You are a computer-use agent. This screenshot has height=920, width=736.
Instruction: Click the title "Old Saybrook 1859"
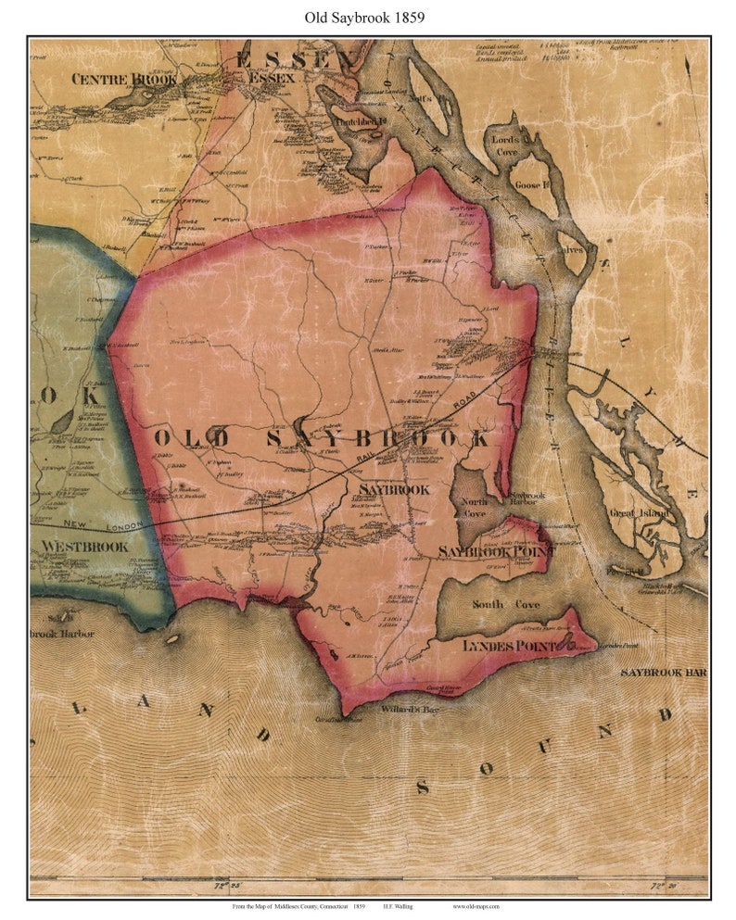(368, 17)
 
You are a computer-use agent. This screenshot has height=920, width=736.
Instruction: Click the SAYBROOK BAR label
(664, 671)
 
